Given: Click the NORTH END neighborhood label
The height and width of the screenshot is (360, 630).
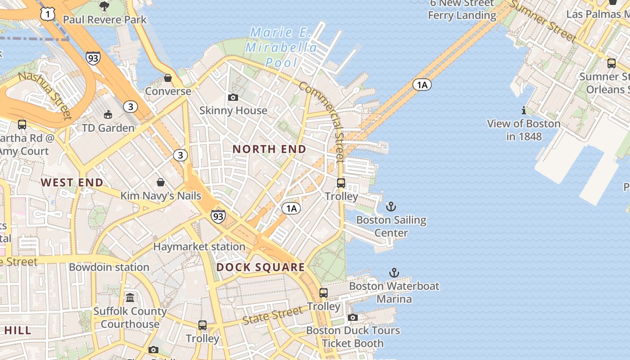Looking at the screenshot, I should click(269, 149).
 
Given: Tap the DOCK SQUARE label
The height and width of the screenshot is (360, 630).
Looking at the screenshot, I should click(261, 267).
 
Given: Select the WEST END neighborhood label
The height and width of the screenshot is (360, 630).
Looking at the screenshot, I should click(72, 182).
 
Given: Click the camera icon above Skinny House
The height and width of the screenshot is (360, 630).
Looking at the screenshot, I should click(233, 97).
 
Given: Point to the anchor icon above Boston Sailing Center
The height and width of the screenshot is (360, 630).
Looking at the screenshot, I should click(391, 207).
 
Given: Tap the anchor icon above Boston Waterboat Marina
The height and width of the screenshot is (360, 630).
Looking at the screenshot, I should click(394, 273).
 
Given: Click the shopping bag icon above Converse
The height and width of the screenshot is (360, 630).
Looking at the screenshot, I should click(168, 78).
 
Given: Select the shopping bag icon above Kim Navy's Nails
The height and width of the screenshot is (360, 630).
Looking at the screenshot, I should click(160, 182).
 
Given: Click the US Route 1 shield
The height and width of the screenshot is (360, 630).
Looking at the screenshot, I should click(47, 14).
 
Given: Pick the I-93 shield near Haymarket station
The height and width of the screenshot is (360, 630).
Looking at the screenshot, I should click(218, 216).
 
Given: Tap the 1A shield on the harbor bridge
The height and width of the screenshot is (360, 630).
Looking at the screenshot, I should click(422, 85).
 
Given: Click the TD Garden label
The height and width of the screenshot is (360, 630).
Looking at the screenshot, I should click(108, 128).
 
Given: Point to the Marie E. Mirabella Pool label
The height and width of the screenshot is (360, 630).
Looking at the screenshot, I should click(281, 47).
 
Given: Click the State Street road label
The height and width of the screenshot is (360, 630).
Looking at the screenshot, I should click(273, 315).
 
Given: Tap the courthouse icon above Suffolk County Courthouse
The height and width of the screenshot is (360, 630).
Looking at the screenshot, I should click(130, 298).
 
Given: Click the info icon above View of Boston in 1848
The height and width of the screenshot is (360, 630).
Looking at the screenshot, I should click(523, 110).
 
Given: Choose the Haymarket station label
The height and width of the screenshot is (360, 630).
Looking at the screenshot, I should click(199, 247).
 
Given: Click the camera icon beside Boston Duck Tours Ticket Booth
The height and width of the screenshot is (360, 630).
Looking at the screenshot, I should click(353, 318).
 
